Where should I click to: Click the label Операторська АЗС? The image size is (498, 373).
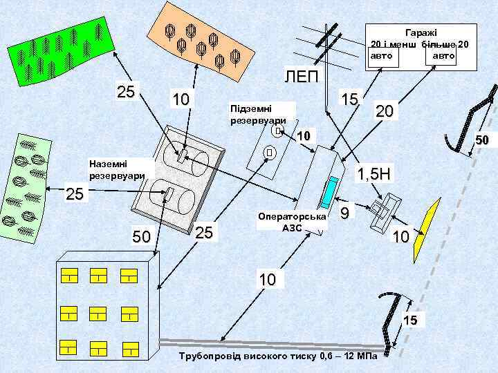click(x=291, y=221)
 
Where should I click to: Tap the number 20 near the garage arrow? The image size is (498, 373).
click(x=385, y=110)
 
